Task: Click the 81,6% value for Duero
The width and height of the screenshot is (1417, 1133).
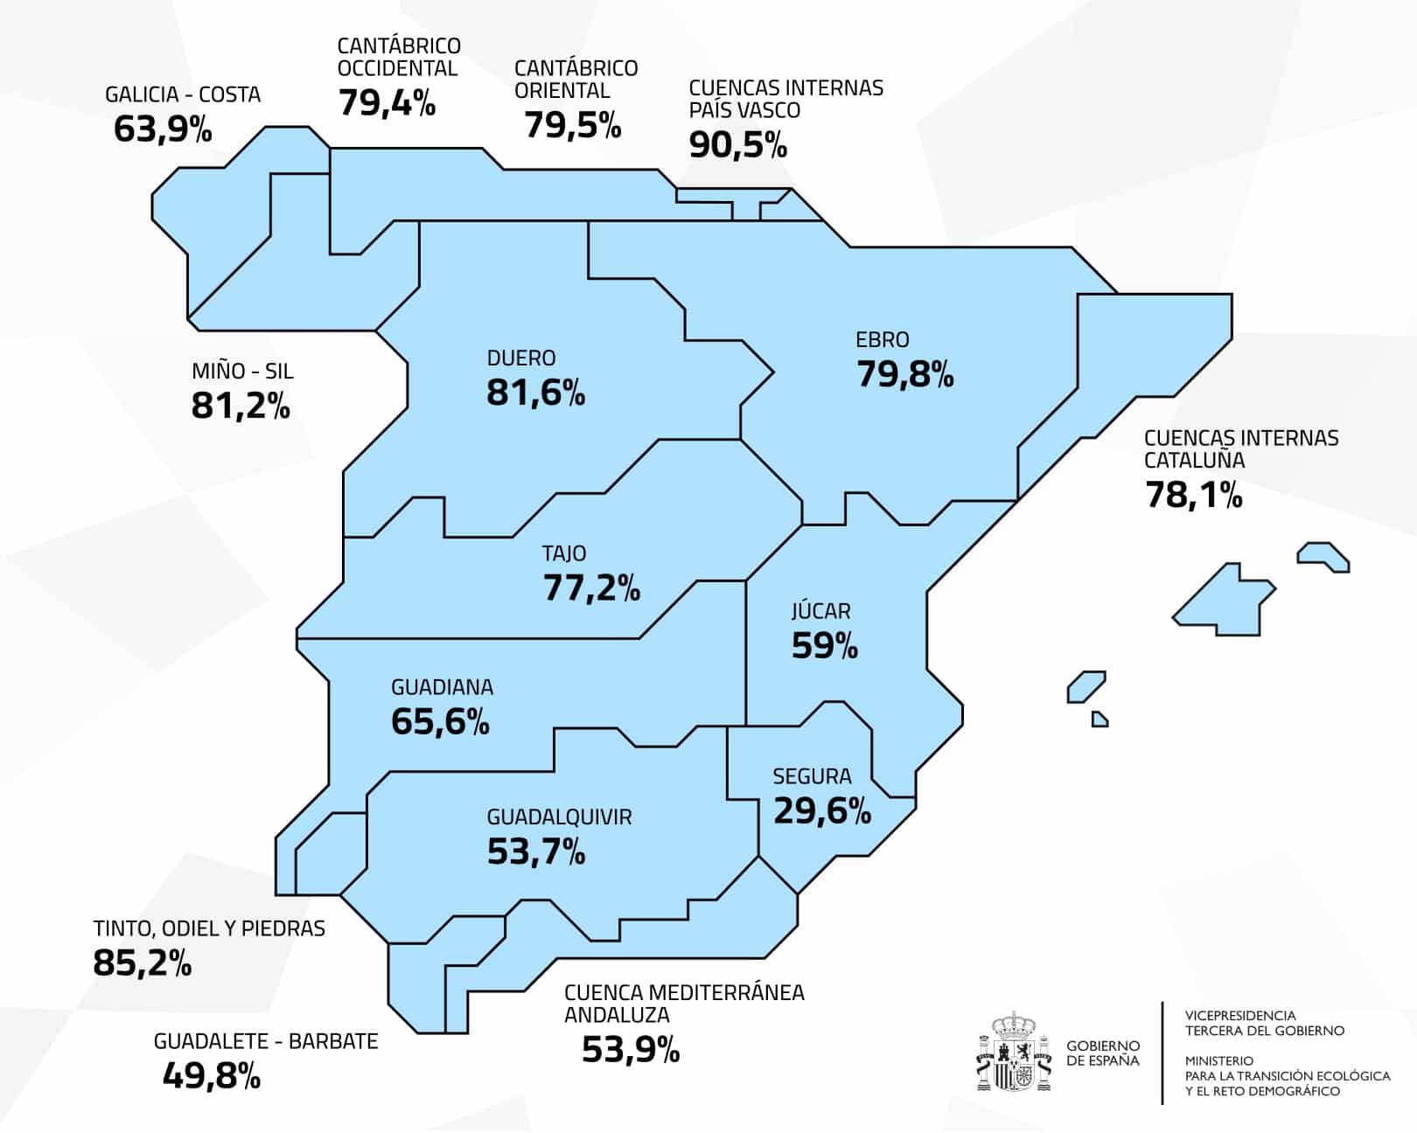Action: [x=535, y=393]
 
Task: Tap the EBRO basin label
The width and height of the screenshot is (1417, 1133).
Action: [x=882, y=339]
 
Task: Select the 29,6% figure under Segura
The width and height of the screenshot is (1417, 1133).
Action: [x=821, y=811]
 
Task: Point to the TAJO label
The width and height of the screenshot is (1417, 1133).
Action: [x=564, y=553]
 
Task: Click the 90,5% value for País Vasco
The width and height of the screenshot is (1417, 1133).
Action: [x=737, y=145]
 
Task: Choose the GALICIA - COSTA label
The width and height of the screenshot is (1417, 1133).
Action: [x=183, y=94]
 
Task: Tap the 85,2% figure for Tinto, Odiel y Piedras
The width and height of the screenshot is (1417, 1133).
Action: [x=142, y=963]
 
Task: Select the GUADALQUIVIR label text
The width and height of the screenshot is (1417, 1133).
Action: [x=559, y=817]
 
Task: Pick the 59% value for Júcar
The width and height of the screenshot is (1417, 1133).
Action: [x=824, y=646]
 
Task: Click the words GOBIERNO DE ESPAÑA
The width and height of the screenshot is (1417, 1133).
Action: [x=1103, y=1053]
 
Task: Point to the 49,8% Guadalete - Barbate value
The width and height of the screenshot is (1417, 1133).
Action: [x=211, y=1076]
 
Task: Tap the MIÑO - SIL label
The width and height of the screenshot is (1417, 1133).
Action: [x=242, y=372]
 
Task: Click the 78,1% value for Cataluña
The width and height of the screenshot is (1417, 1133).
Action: [x=1193, y=496]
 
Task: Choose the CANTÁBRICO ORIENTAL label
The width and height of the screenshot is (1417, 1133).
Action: [x=576, y=80]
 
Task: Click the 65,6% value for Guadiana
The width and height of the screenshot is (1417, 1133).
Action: [x=440, y=722]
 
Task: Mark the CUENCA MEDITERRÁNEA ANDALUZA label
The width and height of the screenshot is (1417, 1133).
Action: [x=683, y=1004]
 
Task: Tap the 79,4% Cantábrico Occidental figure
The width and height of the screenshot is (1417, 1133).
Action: [x=387, y=103]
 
